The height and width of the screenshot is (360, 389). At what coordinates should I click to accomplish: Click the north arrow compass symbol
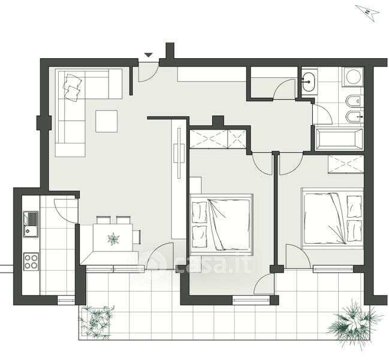tap(368, 13)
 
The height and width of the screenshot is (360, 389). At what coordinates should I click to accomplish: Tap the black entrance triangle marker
tap(149, 55)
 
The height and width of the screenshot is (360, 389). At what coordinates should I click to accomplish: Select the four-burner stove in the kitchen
tap(31, 262)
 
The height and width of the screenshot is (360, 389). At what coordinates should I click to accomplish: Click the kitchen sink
tap(31, 224)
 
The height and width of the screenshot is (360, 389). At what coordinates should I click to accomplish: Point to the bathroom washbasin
tap(309, 82)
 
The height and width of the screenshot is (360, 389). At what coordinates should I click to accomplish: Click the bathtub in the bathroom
tap(339, 139)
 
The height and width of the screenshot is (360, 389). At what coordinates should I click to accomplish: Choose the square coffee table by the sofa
tap(107, 121)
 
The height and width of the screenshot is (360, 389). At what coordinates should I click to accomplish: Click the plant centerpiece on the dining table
tap(113, 239)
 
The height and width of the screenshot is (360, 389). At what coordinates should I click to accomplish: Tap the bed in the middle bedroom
tap(221, 224)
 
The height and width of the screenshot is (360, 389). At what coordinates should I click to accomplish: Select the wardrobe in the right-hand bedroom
tap(346, 164)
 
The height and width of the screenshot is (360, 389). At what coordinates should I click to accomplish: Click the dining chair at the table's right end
tap(137, 237)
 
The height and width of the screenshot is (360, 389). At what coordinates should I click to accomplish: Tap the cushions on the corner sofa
tap(73, 87)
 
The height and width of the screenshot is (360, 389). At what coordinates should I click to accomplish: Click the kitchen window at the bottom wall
tap(66, 300)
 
